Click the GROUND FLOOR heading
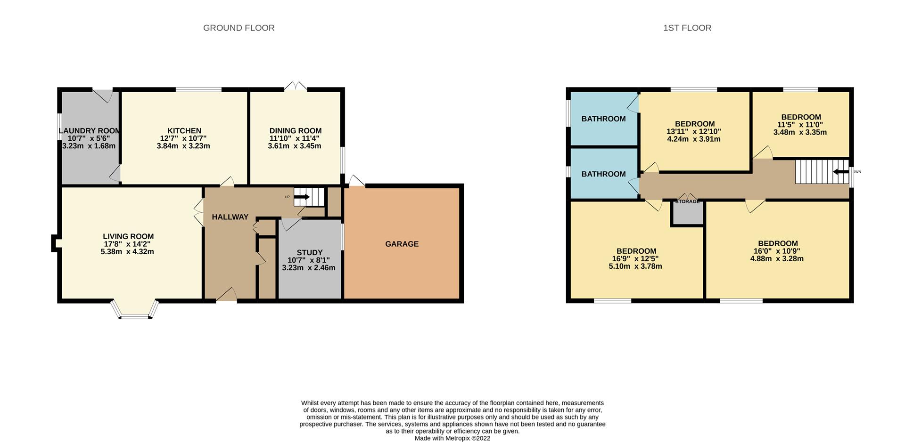coord(239,28)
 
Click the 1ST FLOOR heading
coord(687,28)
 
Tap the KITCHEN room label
coord(184,131)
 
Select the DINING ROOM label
coord(296,131)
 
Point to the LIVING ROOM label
coord(128,236)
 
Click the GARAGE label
coord(402,244)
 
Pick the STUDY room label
coord(310,253)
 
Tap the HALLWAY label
coord(230,217)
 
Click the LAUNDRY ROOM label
coord(90,131)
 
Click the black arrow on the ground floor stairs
coord(302,197)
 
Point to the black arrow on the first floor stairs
coord(841,172)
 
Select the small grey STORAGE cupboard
coord(688,213)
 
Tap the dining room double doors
coord(296,86)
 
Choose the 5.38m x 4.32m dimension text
coord(127,252)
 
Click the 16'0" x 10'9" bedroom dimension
coord(777,251)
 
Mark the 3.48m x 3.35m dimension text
coord(800,132)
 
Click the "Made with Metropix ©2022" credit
coord(452,438)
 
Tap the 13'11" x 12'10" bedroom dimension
coord(694,132)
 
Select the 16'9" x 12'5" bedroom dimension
coord(635,259)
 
